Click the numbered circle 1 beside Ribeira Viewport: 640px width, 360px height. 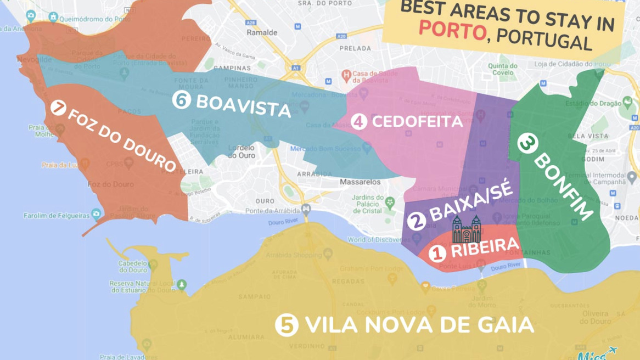(437, 253)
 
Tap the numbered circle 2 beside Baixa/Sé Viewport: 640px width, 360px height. (417, 221)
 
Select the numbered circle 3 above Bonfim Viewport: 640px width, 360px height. (526, 144)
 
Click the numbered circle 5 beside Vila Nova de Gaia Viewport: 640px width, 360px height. (287, 325)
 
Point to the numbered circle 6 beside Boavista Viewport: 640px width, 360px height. (181, 100)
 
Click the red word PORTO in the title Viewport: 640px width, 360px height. (452, 31)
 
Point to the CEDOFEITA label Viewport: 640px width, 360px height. (417, 121)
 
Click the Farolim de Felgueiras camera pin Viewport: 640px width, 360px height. (97, 214)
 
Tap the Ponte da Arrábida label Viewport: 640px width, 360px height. (273, 211)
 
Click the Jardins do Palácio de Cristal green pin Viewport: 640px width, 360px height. (390, 203)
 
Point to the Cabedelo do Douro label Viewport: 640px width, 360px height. (133, 266)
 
